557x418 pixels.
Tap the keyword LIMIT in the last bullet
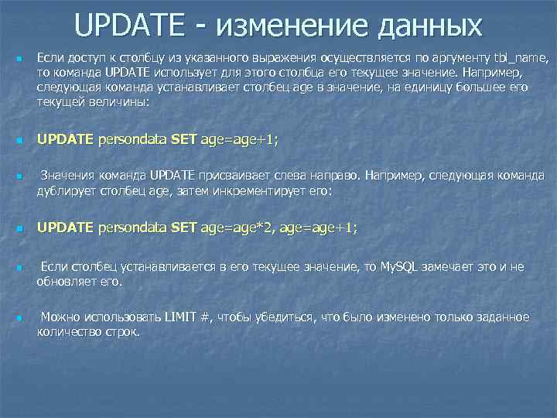tap(179, 317)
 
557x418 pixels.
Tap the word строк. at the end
tap(124, 331)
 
